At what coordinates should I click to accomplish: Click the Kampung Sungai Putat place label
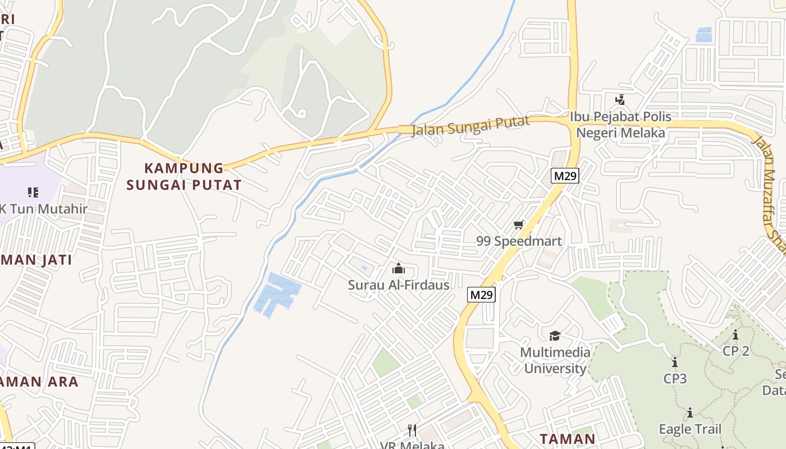pos(184,176)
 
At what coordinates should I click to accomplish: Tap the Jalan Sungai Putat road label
pos(470,126)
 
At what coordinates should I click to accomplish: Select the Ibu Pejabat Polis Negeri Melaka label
pos(620,125)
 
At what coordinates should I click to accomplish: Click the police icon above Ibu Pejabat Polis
pos(620,100)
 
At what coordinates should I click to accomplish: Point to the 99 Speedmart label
pos(519,241)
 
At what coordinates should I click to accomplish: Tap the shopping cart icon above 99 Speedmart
pos(518,225)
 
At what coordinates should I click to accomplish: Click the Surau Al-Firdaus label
pos(399,285)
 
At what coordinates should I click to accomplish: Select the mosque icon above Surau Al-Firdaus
pos(399,269)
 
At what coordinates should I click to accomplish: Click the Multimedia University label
pos(555,360)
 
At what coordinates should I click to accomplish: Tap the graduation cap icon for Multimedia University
pos(555,336)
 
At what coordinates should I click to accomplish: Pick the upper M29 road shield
pos(565,176)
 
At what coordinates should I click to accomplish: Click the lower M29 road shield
pos(482,295)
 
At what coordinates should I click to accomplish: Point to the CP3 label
pos(675,379)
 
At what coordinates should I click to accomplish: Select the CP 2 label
pos(735,351)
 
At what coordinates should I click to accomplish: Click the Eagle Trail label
pos(689,429)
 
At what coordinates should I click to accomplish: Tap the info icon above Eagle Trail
pos(689,413)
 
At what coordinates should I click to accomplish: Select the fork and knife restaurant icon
pos(412,430)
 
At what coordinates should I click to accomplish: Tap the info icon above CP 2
pos(735,335)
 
